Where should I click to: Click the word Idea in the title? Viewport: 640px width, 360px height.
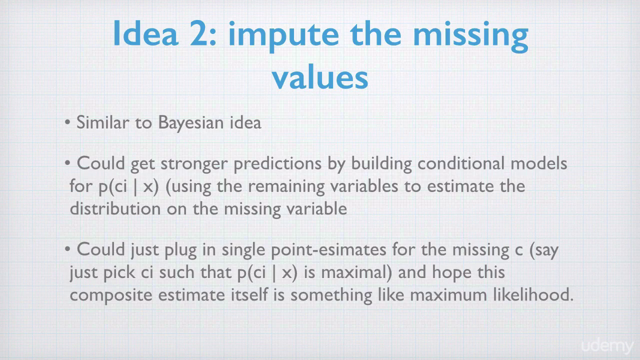(145, 33)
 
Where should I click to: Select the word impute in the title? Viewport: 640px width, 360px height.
(283, 36)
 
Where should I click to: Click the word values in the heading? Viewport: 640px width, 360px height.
(320, 76)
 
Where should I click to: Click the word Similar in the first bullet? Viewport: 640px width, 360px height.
(102, 122)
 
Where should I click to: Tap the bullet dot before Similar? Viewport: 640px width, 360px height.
(67, 123)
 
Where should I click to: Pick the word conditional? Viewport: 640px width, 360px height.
(461, 163)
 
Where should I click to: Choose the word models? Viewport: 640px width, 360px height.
(539, 163)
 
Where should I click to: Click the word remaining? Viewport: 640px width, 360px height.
(286, 187)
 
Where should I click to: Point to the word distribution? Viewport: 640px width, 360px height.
(115, 208)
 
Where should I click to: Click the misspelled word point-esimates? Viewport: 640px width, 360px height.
(328, 250)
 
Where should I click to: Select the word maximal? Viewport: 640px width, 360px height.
(356, 272)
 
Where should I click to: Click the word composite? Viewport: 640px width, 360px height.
(111, 295)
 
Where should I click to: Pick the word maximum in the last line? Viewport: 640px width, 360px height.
(448, 295)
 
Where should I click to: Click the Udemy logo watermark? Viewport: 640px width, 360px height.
(607, 346)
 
